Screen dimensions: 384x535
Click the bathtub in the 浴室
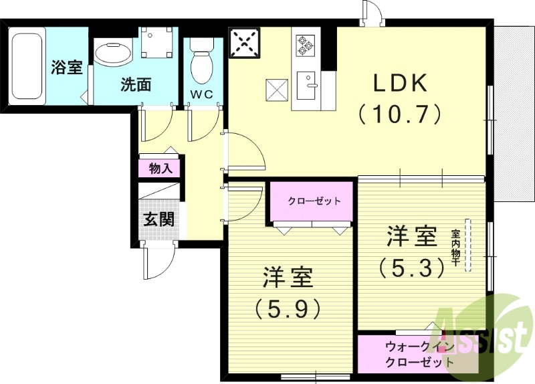(x=27, y=66)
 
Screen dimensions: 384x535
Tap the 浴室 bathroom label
(x=67, y=68)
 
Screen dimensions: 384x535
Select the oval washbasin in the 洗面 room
(x=113, y=54)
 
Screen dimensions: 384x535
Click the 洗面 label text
(x=135, y=85)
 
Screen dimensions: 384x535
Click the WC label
(x=201, y=94)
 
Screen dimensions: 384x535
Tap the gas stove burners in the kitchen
(x=306, y=45)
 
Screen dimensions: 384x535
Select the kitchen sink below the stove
(x=308, y=84)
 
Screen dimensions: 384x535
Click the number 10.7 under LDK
(x=400, y=114)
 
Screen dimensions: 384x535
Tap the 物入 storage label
(x=160, y=168)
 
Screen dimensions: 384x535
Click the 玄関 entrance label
(x=159, y=219)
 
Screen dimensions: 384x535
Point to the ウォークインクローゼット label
(x=418, y=355)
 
